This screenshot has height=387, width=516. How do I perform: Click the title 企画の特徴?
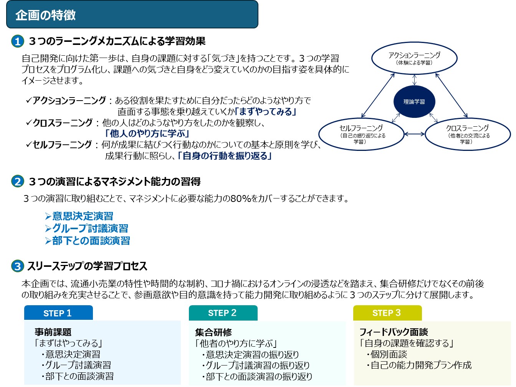[x=46, y=15]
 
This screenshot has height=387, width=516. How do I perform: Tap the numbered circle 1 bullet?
[x=18, y=41]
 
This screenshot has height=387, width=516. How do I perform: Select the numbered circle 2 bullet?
[x=18, y=181]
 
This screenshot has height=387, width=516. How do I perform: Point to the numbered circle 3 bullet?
[x=18, y=266]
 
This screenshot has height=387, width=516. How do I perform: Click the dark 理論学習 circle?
[x=414, y=102]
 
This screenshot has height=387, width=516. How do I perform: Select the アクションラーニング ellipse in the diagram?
[x=414, y=58]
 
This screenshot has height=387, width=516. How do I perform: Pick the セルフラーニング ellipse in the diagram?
[x=361, y=134]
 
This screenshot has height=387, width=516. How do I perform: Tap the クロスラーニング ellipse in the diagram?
[x=468, y=134]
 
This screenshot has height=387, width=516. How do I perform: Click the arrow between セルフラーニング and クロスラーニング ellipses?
[x=415, y=134]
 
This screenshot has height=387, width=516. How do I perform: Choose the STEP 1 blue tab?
[x=58, y=313]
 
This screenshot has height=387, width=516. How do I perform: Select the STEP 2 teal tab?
[x=223, y=313]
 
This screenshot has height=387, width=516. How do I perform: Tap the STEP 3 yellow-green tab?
[x=387, y=313]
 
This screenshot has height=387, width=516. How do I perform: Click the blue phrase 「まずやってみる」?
[x=266, y=112]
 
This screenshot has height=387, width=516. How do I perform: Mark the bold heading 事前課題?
[x=53, y=332]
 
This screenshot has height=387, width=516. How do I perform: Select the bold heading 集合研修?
[x=213, y=332]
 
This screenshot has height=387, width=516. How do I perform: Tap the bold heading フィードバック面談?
[x=394, y=332]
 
